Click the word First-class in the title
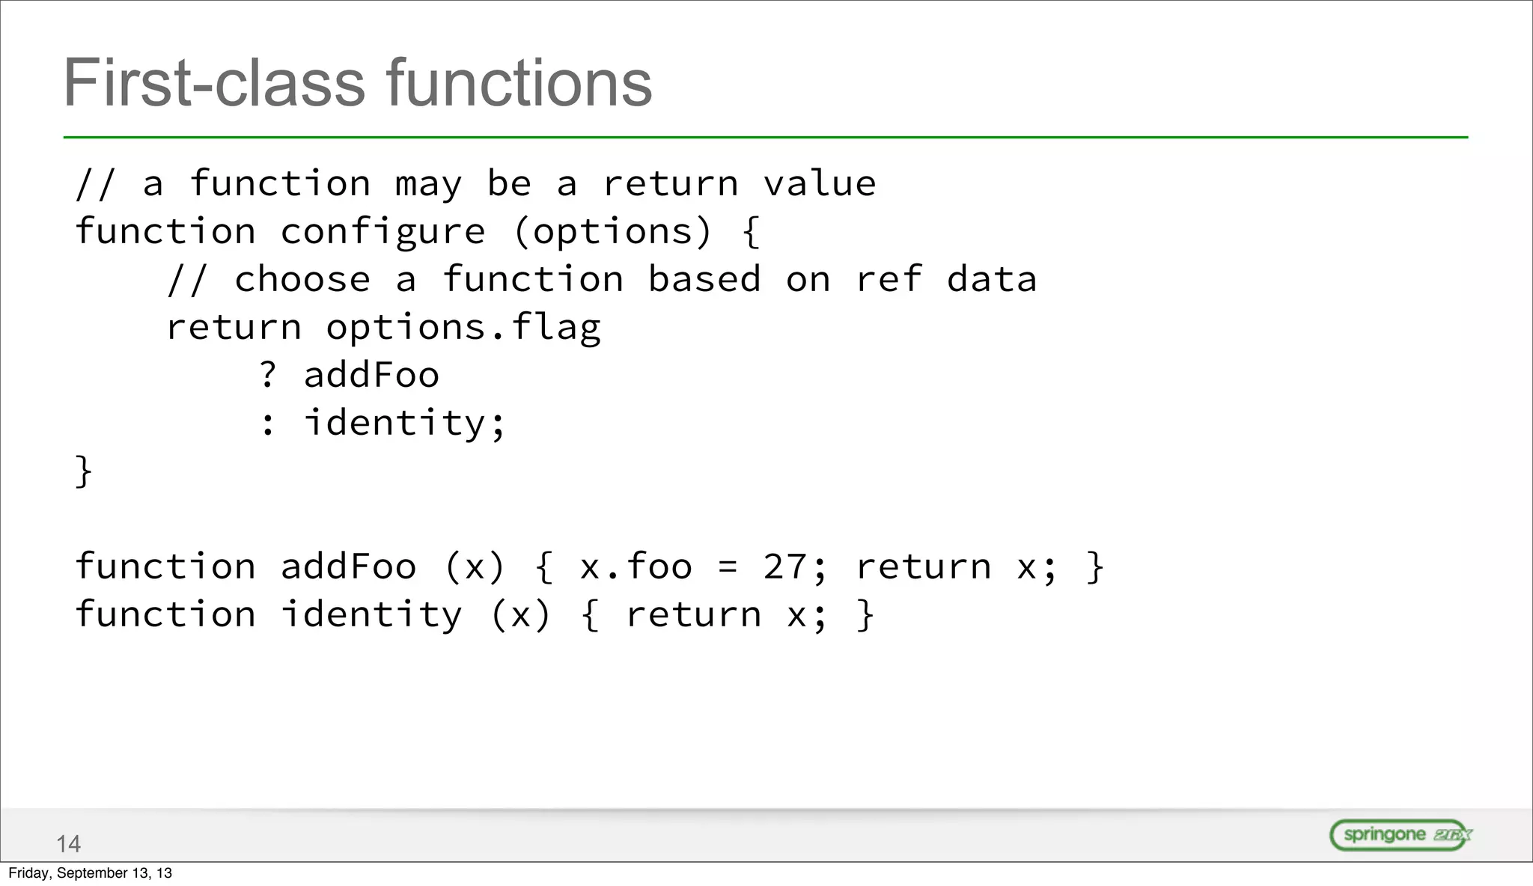pyautogui.click(x=213, y=83)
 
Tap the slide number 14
pyautogui.click(x=68, y=844)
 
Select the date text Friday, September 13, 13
pyautogui.click(x=90, y=873)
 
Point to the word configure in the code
pyautogui.click(x=383, y=232)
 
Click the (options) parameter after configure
pyautogui.click(x=612, y=232)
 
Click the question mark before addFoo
pyautogui.click(x=268, y=375)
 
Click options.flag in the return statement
pyautogui.click(x=463, y=328)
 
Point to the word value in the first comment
pyautogui.click(x=819, y=184)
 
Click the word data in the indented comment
pyautogui.click(x=991, y=280)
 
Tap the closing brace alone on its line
pyautogui.click(x=83, y=471)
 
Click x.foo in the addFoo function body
pyautogui.click(x=636, y=567)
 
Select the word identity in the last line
pyautogui.click(x=371, y=615)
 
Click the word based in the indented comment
pyautogui.click(x=704, y=280)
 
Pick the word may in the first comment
pyautogui.click(x=428, y=184)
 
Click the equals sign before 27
pyautogui.click(x=728, y=567)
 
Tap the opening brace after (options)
pyautogui.click(x=752, y=232)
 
